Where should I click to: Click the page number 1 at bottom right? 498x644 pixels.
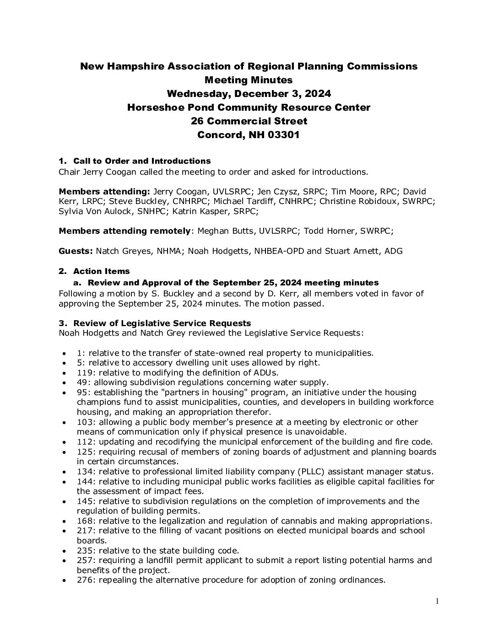[x=437, y=602]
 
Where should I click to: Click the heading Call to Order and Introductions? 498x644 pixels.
[x=142, y=161]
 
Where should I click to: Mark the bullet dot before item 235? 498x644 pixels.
[x=66, y=551]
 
